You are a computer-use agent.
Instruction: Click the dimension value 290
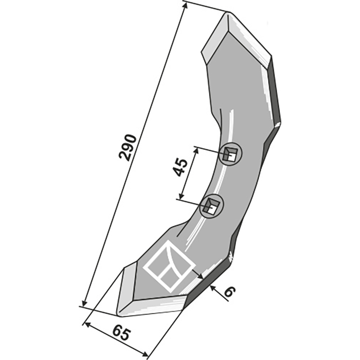click(x=128, y=147)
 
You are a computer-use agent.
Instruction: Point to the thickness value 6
click(x=229, y=292)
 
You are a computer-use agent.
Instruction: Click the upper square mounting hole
click(x=230, y=155)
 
